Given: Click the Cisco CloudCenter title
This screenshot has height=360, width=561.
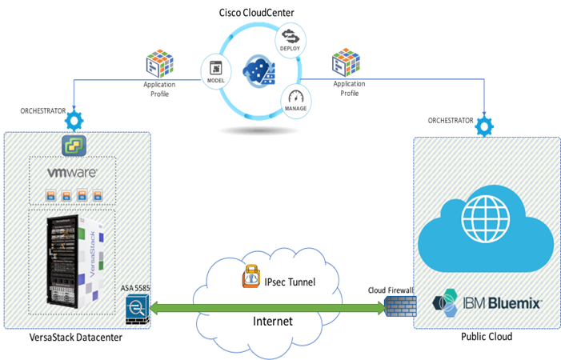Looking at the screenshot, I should click(255, 12).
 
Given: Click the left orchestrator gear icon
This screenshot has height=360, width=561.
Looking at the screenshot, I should click(74, 121).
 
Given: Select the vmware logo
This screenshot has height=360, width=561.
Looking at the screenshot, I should click(74, 172).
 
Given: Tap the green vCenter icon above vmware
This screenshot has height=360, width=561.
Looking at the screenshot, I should click(74, 145).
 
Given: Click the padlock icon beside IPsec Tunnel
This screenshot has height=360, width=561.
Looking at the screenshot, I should click(250, 277).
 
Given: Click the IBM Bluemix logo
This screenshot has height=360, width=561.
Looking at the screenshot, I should click(486, 302).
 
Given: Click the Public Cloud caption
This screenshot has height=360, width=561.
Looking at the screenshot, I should click(486, 338).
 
